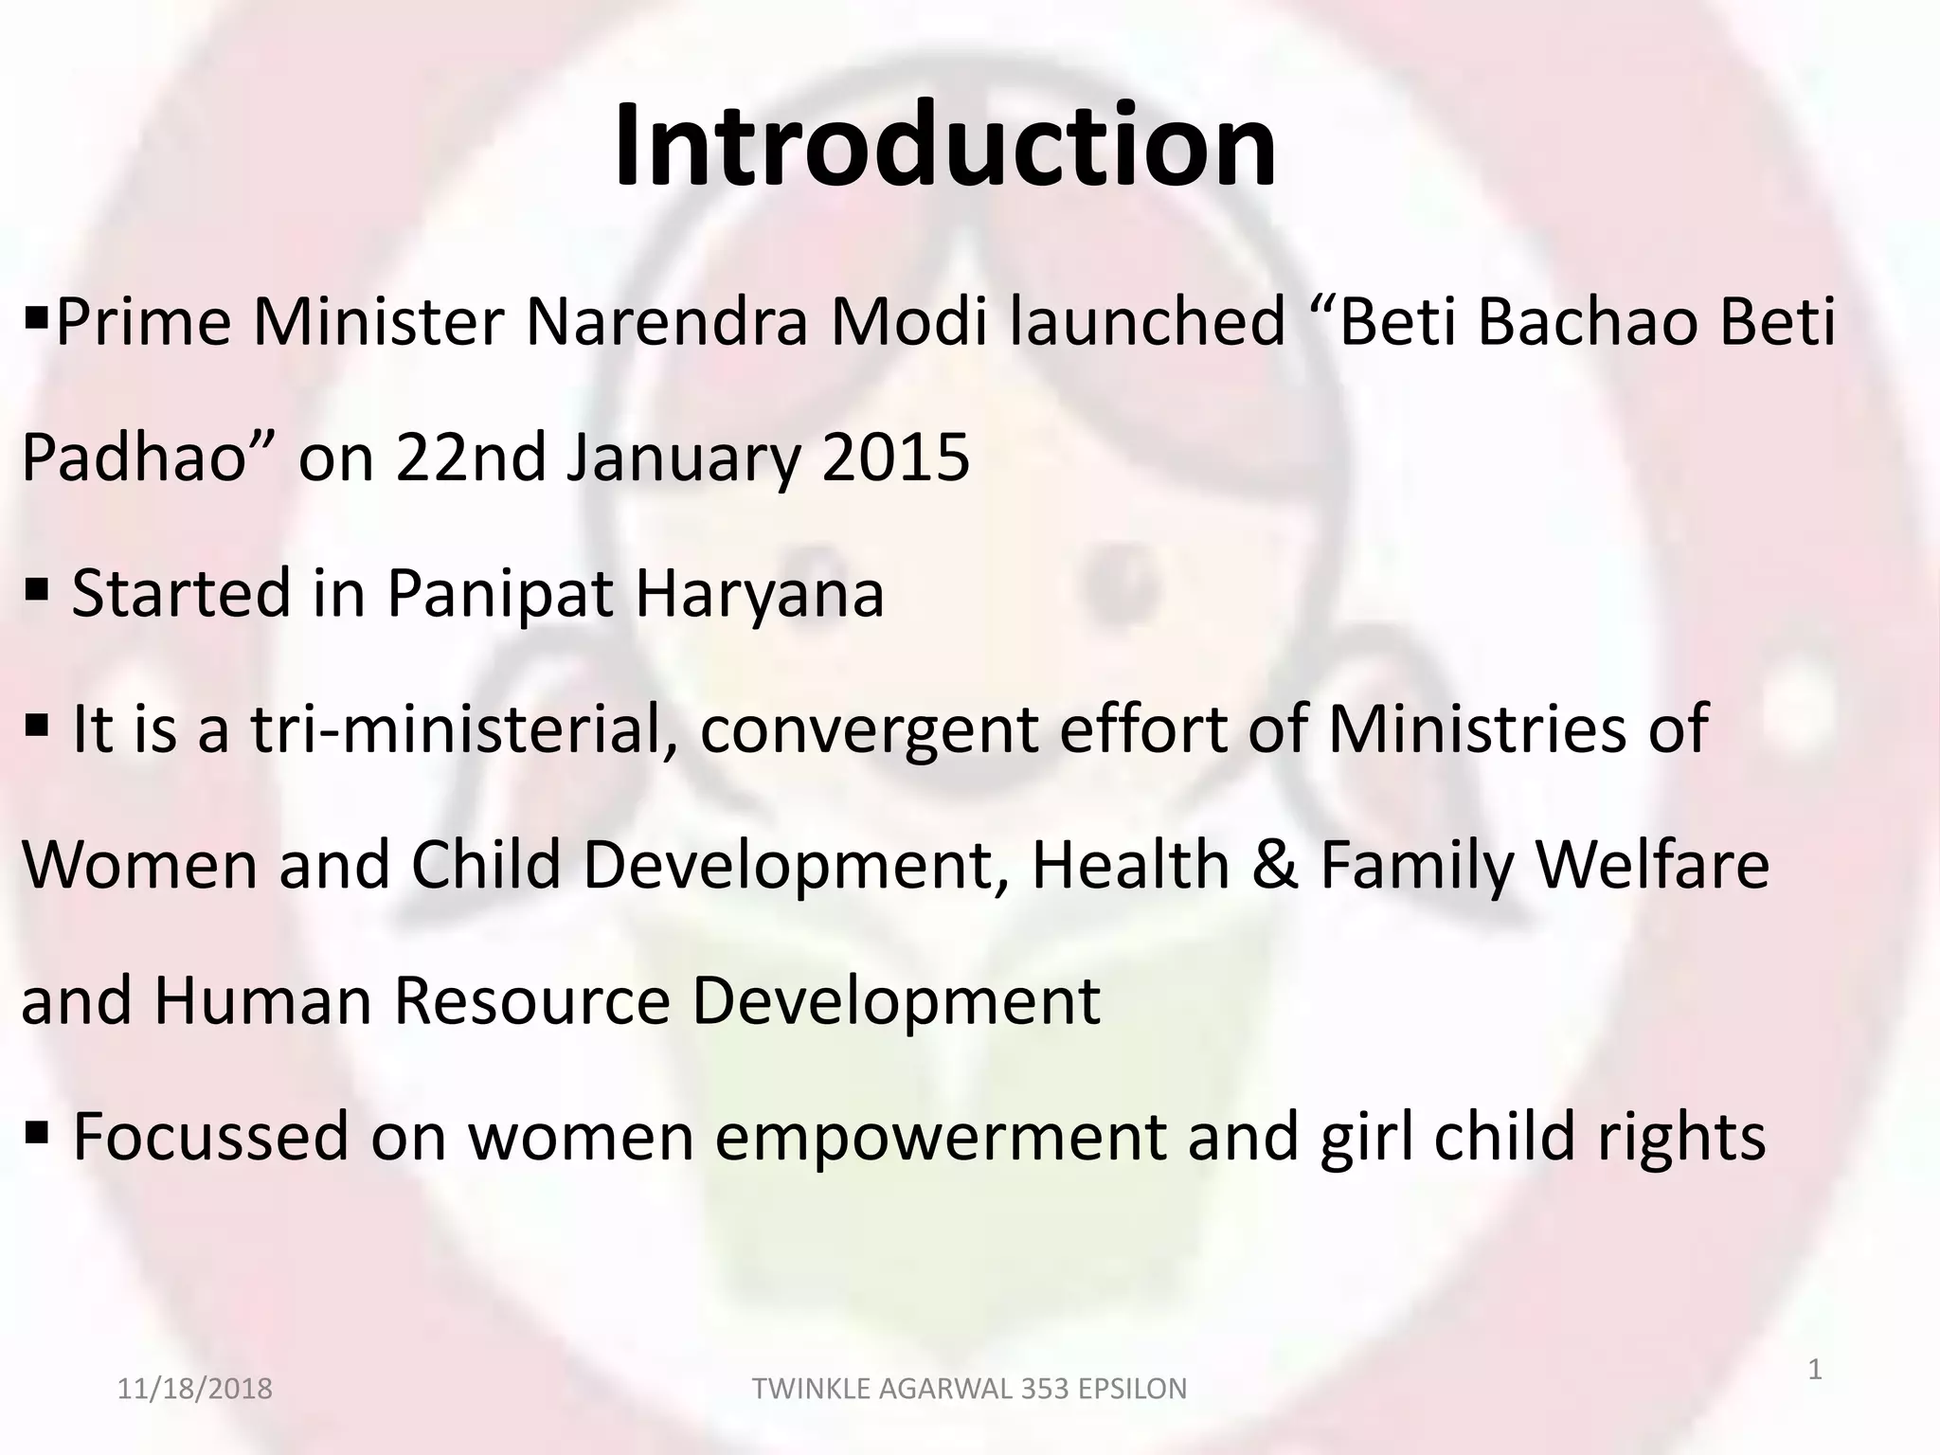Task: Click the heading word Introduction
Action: point(944,146)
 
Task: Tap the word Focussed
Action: point(211,1137)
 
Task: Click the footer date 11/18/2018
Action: point(194,1389)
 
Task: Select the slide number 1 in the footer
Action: point(1815,1370)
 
